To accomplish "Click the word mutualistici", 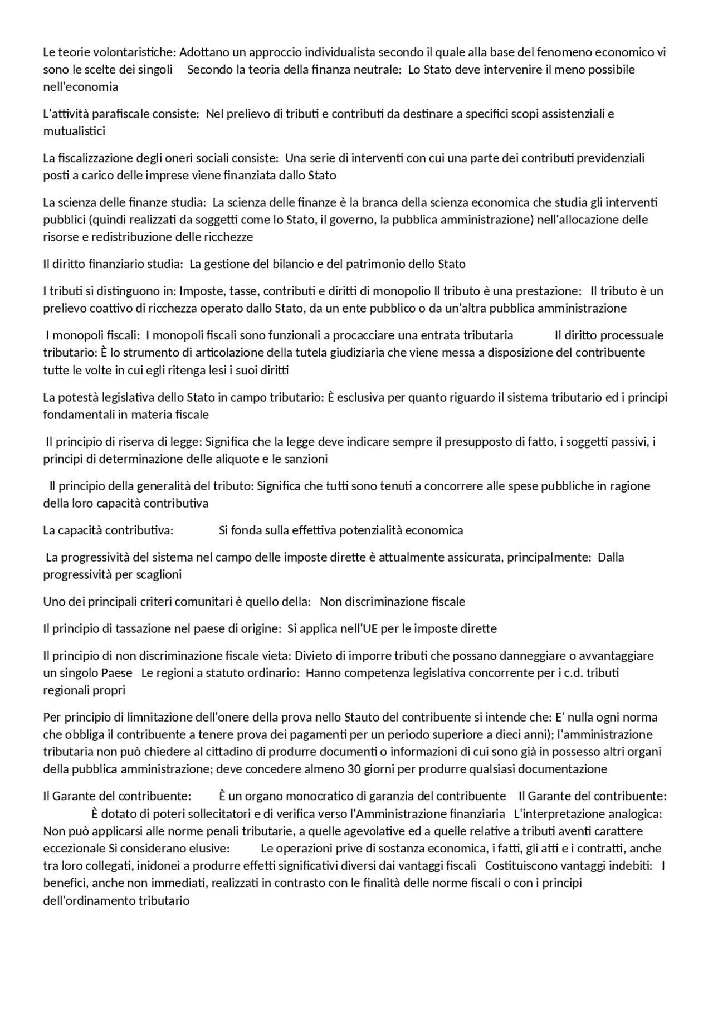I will coord(74,131).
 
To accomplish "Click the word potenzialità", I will coord(367,530).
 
